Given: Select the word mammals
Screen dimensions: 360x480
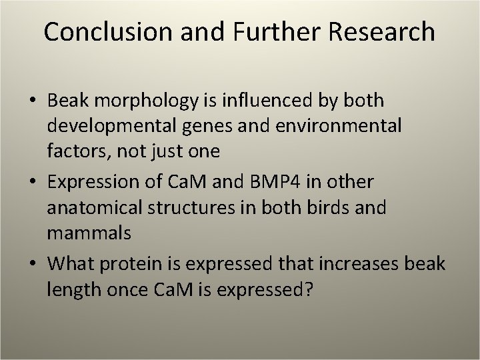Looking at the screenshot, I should coord(89,233).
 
